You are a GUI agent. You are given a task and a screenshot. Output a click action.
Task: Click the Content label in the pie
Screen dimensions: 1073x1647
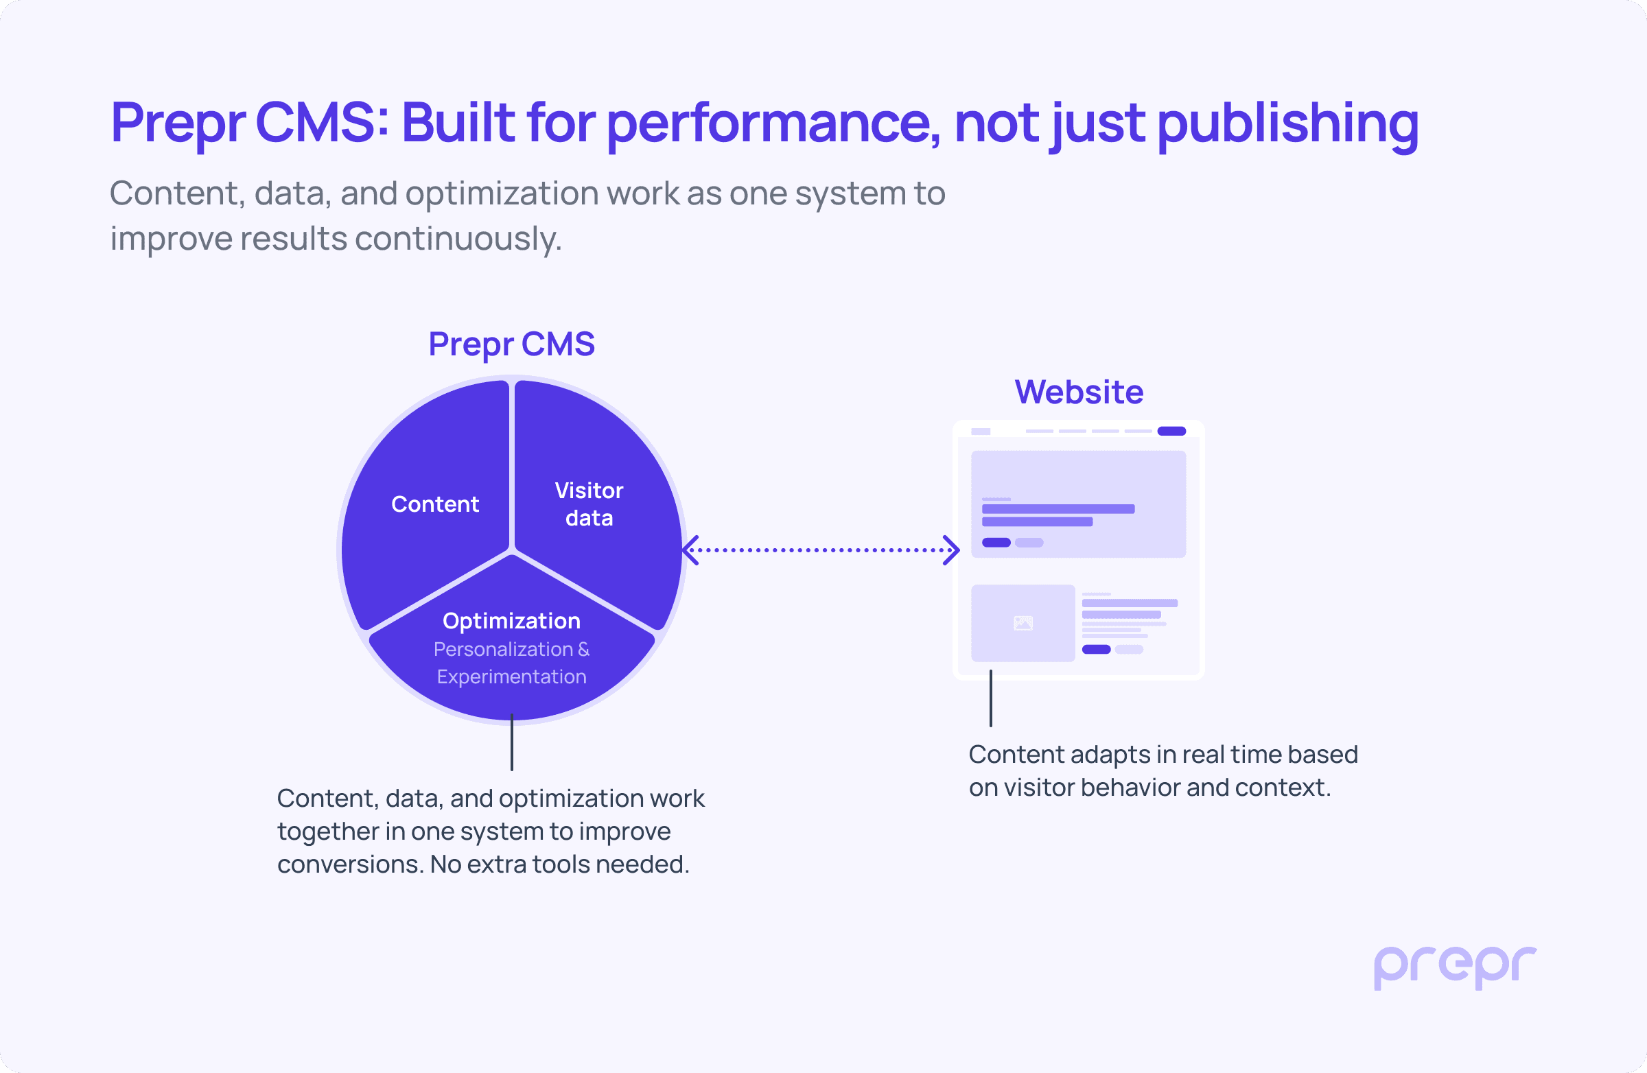(434, 504)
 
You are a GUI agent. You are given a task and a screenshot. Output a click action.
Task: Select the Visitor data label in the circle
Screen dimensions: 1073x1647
(589, 504)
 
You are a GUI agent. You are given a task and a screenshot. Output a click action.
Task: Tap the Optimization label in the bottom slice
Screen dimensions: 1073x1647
(511, 621)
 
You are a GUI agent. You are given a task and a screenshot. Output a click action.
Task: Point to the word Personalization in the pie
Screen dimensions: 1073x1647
(503, 649)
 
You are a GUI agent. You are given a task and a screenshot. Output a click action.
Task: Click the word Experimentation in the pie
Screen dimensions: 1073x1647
(511, 676)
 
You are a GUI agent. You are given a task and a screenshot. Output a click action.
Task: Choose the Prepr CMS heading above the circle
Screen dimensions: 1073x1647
(511, 344)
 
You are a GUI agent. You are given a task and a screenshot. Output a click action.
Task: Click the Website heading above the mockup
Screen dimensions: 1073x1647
(1079, 392)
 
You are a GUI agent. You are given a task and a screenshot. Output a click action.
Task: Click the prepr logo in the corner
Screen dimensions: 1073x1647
(1455, 967)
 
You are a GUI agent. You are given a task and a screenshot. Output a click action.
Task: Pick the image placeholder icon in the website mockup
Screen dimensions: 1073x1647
(1023, 624)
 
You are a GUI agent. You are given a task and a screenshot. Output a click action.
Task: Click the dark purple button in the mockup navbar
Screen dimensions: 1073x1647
(1171, 431)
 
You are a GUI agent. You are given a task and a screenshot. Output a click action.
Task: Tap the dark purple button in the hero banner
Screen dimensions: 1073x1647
(996, 543)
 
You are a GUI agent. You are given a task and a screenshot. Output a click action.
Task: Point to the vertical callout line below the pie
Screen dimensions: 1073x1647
(512, 742)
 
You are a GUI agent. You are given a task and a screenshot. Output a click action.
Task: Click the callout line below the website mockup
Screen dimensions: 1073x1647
(991, 698)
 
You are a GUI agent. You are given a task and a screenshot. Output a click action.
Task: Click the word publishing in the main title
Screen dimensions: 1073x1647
(1288, 123)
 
